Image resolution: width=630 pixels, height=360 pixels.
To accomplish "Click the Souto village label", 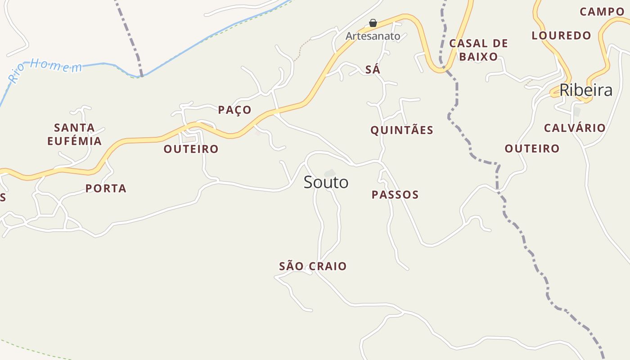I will pyautogui.click(x=326, y=182).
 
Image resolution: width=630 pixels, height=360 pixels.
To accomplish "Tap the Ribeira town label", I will pyautogui.click(x=586, y=90).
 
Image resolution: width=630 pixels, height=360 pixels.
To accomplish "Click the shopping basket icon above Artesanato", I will pyautogui.click(x=373, y=22).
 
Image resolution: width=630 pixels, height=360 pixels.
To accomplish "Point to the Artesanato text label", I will pyautogui.click(x=373, y=36).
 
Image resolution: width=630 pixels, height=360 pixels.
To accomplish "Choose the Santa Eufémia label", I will pyautogui.click(x=74, y=134).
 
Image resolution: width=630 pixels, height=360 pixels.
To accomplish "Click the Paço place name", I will pyautogui.click(x=234, y=110).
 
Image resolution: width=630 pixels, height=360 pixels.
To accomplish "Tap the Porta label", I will pyautogui.click(x=106, y=188).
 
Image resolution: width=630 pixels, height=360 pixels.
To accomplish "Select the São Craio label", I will pyautogui.click(x=313, y=266).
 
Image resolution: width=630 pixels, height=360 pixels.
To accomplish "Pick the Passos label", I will pyautogui.click(x=395, y=194).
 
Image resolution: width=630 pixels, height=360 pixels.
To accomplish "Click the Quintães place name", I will pyautogui.click(x=402, y=130).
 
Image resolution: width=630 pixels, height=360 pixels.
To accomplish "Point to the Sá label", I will pyautogui.click(x=373, y=70).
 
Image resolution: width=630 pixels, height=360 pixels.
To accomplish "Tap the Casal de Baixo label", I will pyautogui.click(x=478, y=50).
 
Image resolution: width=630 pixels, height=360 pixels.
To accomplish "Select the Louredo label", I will pyautogui.click(x=561, y=35).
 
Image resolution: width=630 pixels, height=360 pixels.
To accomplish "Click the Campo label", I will pyautogui.click(x=602, y=11).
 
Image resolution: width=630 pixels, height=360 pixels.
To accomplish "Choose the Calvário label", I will pyautogui.click(x=575, y=128).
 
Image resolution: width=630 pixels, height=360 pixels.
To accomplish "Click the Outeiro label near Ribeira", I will pyautogui.click(x=532, y=148).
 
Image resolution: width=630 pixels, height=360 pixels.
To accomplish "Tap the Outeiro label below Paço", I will pyautogui.click(x=191, y=149).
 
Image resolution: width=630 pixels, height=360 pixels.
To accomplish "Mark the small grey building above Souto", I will pyautogui.click(x=330, y=173).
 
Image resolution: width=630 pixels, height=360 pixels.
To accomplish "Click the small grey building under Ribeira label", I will pyautogui.click(x=577, y=111).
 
